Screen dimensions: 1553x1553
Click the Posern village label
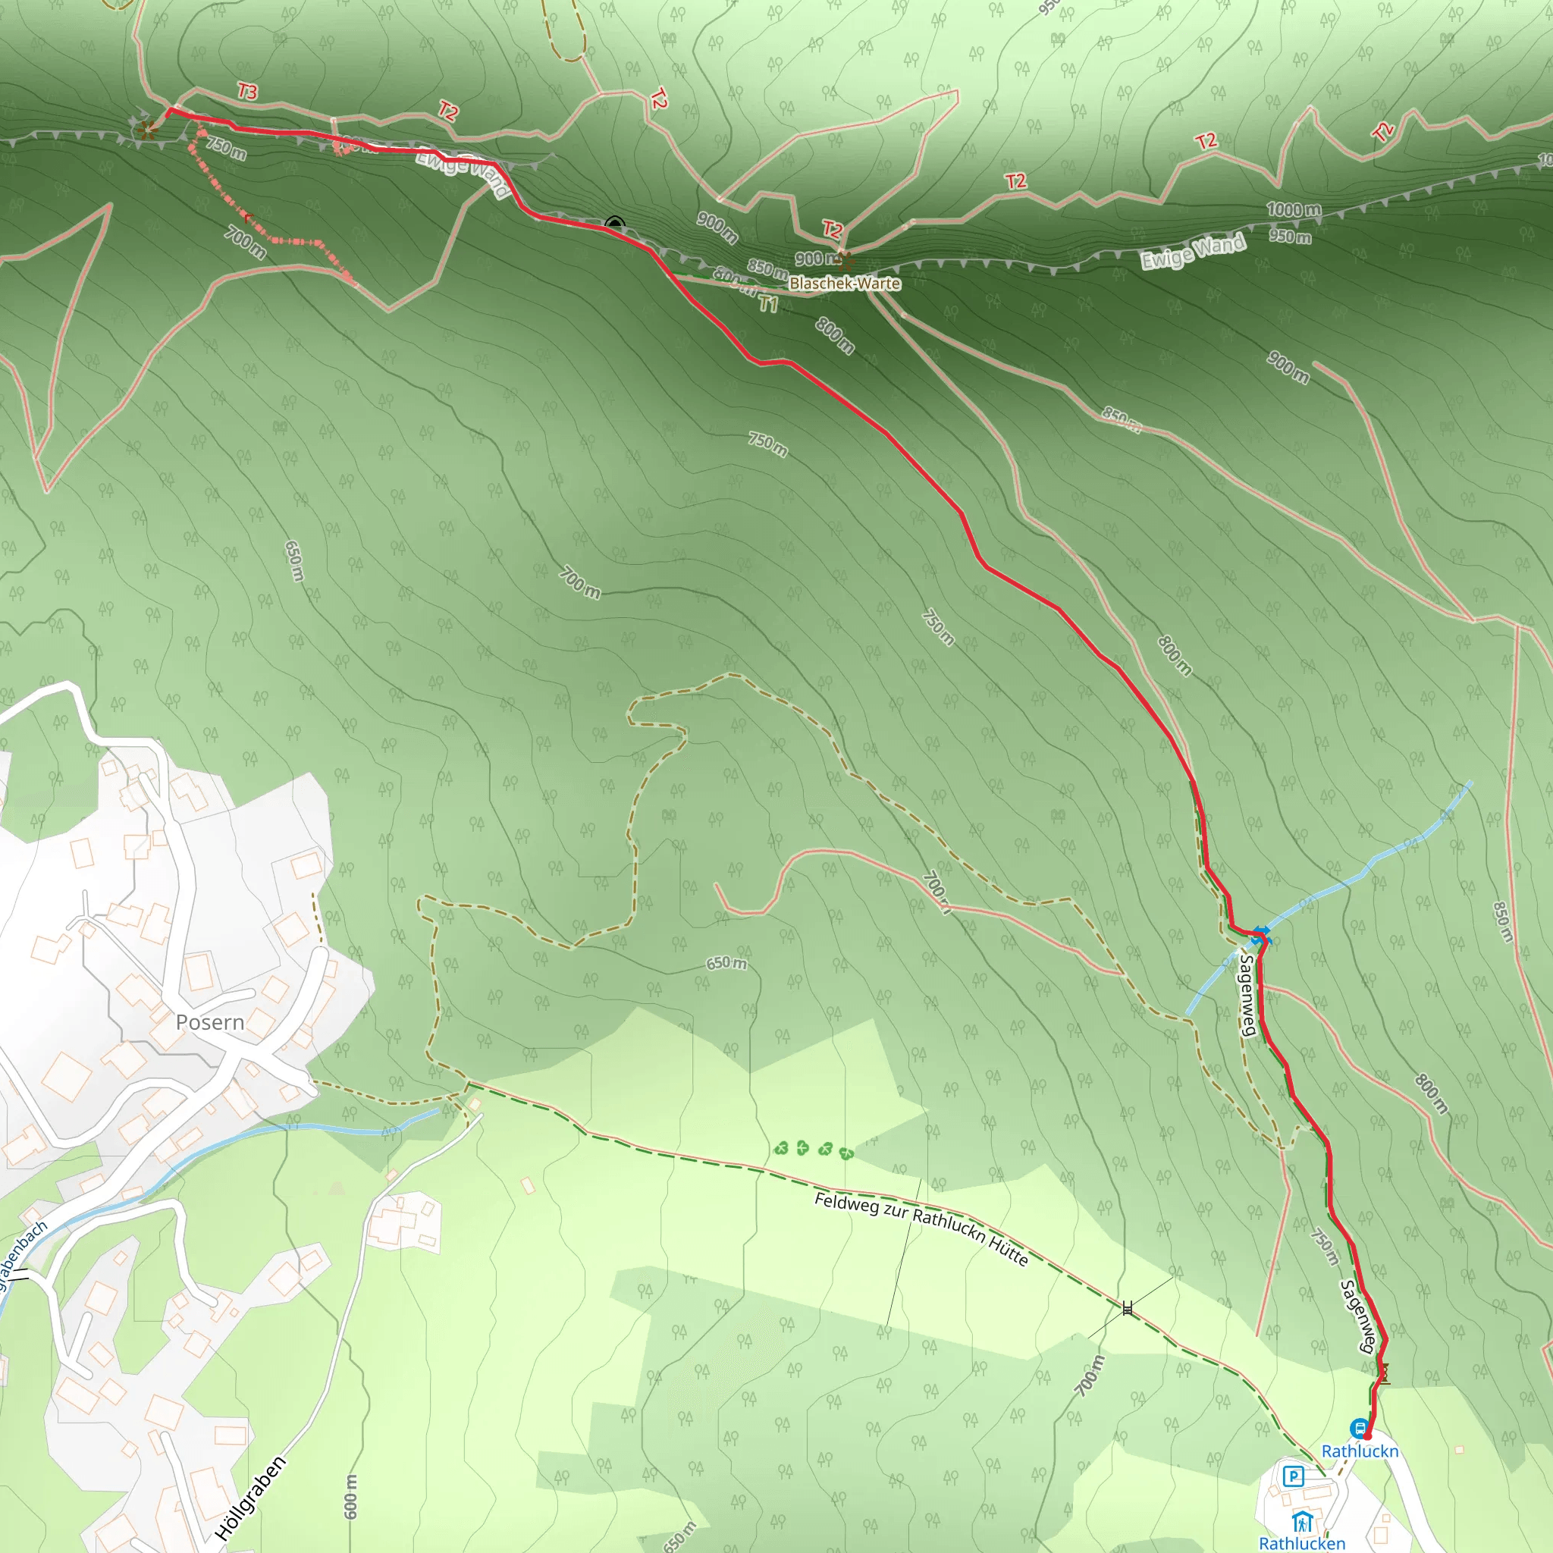(x=210, y=1022)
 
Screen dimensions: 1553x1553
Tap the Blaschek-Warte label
(x=844, y=283)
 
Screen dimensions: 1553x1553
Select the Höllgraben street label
(x=251, y=1498)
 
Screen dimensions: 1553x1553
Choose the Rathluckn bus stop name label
(x=1360, y=1451)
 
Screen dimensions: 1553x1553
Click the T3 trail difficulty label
(x=247, y=92)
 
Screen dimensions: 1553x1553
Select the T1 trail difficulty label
(x=768, y=304)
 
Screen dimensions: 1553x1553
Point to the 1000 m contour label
(x=1294, y=210)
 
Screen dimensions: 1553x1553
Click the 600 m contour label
(x=351, y=1497)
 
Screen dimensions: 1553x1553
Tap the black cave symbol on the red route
(x=615, y=223)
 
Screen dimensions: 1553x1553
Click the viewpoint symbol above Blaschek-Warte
(x=843, y=259)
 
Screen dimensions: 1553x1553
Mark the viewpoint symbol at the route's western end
(x=146, y=129)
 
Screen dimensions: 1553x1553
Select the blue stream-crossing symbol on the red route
(x=1260, y=934)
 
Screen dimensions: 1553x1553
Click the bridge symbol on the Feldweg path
(x=1128, y=1309)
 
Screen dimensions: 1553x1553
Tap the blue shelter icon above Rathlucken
(x=1302, y=1522)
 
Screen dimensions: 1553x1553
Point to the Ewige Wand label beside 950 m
(x=1194, y=252)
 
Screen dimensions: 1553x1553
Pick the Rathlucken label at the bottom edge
(x=1301, y=1543)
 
